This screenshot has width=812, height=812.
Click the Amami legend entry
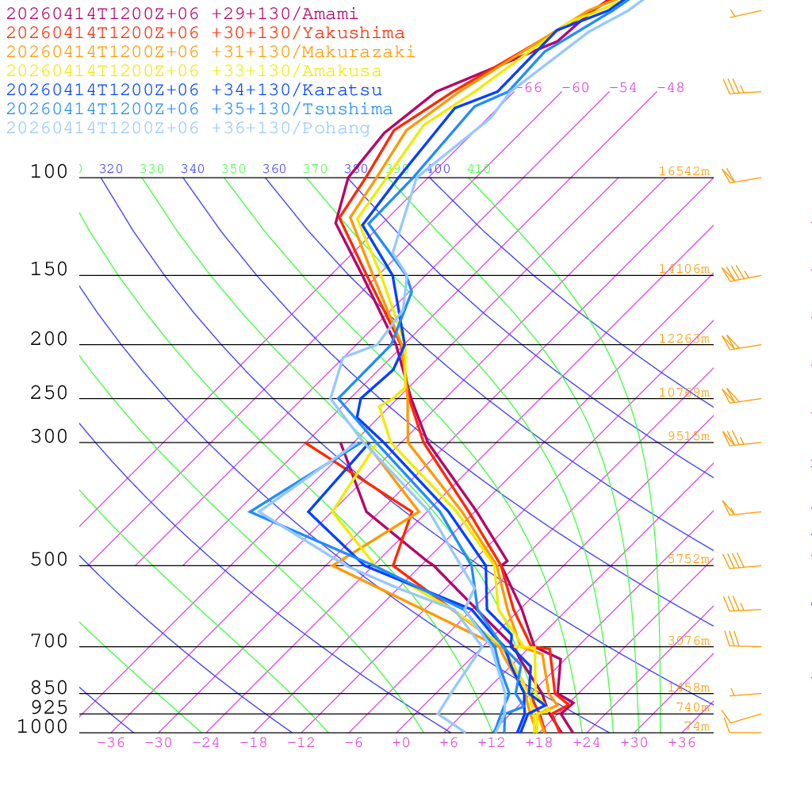pos(182,14)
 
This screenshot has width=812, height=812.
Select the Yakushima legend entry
pos(205,33)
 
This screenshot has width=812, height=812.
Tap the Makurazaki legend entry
pos(210,52)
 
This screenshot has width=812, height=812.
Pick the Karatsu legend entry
pos(194,90)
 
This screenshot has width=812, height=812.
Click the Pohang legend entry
pos(189,128)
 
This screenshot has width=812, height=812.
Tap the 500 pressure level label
pos(49,560)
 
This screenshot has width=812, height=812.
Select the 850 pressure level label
pos(49,688)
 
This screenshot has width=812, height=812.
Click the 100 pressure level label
pos(49,172)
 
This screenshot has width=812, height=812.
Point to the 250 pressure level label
pos(49,393)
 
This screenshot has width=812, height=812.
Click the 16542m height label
pos(684,171)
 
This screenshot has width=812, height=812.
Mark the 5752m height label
pos(688,559)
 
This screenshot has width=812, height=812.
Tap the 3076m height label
pos(688,641)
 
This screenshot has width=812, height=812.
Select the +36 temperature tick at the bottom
pos(682,743)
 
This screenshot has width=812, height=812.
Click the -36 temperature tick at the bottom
pos(111,743)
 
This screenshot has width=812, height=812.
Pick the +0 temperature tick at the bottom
pos(401,743)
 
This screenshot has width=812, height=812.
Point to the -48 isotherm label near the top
pos(670,88)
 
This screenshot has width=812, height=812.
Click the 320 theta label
pos(111,169)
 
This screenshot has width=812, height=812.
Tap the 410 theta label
pos(479,169)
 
